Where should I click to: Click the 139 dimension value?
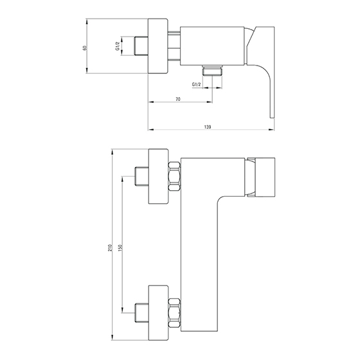[x=207, y=127]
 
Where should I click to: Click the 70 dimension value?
[x=178, y=99]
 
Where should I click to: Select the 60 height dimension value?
[x=85, y=48]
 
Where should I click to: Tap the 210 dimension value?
[x=111, y=248]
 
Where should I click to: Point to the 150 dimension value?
[x=122, y=247]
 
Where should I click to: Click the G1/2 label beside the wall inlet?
[x=117, y=46]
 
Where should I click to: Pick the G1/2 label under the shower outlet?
[x=196, y=84]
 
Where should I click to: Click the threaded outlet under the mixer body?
[x=212, y=71]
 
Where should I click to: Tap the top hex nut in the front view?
[x=174, y=176]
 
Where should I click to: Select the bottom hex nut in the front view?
[x=174, y=312]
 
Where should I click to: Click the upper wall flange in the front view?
[x=158, y=176]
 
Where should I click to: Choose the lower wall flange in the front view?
[x=158, y=312]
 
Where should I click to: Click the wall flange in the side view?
[x=157, y=46]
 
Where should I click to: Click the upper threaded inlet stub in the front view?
[x=141, y=176]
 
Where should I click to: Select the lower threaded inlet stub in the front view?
[x=141, y=312]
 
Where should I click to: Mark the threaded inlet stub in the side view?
[x=141, y=46]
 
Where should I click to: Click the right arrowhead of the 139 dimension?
[x=271, y=130]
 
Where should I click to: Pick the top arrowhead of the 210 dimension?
[x=113, y=152]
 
